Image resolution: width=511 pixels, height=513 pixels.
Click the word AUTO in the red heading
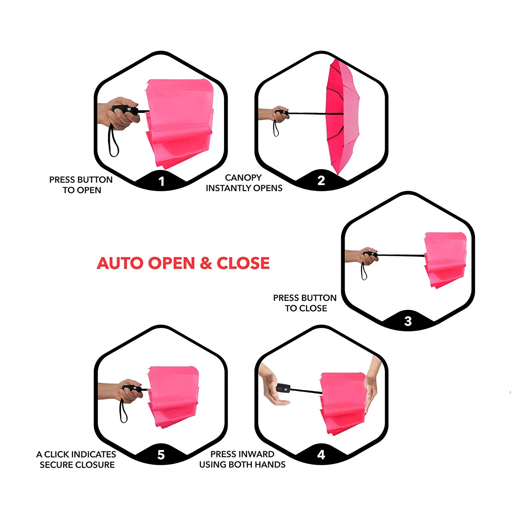[x=120, y=263]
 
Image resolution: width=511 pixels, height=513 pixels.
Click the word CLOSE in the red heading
[x=243, y=263]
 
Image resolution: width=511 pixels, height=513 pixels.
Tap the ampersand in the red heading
[x=206, y=263]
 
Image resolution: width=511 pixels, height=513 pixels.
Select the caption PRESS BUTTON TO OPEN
[x=81, y=185]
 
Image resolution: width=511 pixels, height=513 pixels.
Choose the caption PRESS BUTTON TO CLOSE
[x=305, y=303]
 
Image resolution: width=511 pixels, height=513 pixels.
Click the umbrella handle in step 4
[x=283, y=389]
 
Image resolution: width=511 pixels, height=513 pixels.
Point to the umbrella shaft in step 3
[x=401, y=255]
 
